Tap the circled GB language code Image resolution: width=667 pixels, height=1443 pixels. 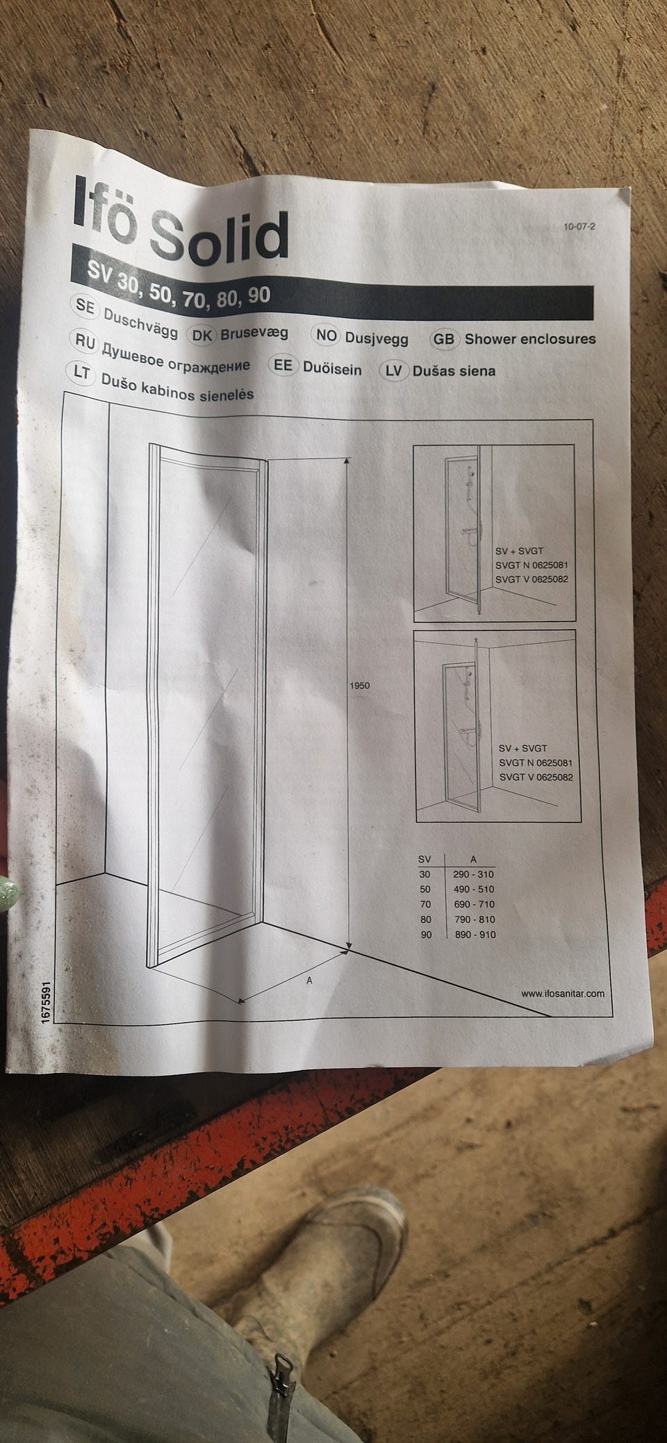pyautogui.click(x=443, y=339)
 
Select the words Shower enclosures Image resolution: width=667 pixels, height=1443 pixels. pyautogui.click(x=530, y=339)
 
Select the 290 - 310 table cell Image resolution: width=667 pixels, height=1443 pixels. pyautogui.click(x=474, y=874)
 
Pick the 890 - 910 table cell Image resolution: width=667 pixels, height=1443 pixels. pyautogui.click(x=475, y=935)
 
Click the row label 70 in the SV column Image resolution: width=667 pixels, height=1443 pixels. pyautogui.click(x=426, y=904)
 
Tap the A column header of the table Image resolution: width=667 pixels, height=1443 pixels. pyautogui.click(x=473, y=859)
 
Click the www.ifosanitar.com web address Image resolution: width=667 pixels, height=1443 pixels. pyautogui.click(x=563, y=993)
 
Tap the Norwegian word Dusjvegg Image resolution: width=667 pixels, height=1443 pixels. pyautogui.click(x=377, y=338)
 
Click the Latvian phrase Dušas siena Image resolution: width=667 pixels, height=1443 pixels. pyautogui.click(x=454, y=370)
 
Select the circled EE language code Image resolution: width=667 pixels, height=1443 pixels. pyautogui.click(x=283, y=367)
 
